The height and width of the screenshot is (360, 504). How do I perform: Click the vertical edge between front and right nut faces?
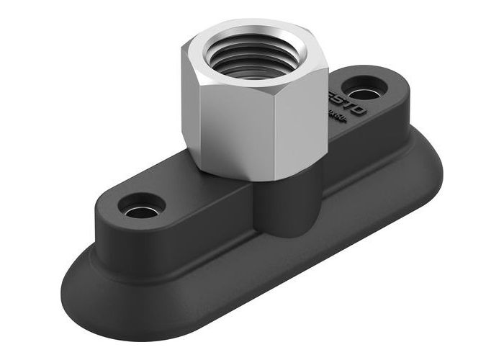[x=288, y=122]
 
